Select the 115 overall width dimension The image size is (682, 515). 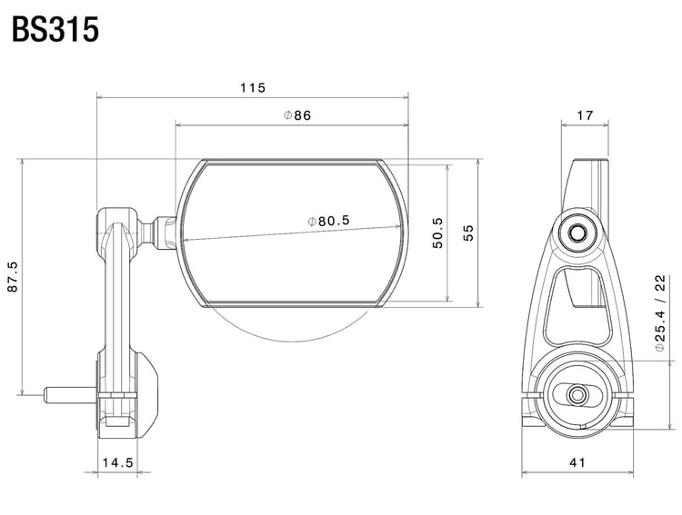(252, 88)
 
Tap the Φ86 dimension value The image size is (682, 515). (297, 115)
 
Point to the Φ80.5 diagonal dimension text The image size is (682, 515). (329, 220)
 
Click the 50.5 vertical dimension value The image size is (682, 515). (437, 233)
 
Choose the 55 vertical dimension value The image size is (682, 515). (468, 233)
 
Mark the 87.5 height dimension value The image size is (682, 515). (12, 277)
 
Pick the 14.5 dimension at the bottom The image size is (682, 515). (118, 462)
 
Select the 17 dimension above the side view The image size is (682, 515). (585, 115)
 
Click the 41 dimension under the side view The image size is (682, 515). (577, 462)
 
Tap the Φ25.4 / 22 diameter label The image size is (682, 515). (661, 312)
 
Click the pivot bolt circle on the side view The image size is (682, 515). (575, 233)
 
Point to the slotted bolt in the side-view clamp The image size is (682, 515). (577, 395)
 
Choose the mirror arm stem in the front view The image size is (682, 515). (115, 291)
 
